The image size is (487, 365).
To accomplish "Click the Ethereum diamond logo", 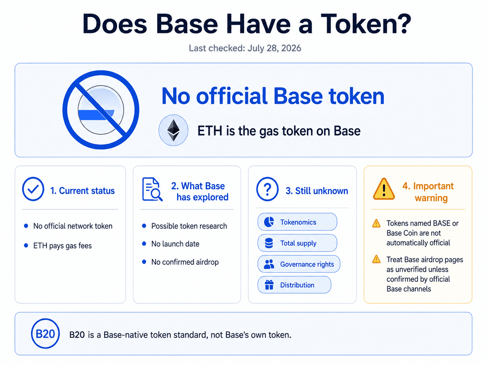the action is [173, 130].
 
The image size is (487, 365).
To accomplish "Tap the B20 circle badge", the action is [45, 333].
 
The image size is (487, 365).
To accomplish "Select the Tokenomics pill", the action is [297, 222].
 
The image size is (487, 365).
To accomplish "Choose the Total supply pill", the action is [297, 243].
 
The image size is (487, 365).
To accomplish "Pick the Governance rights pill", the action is [299, 264].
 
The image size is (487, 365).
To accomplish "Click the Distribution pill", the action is [294, 285].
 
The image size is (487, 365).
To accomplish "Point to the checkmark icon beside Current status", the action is [33, 189].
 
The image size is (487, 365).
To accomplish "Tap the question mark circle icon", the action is [267, 189].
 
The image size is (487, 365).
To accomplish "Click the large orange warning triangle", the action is [384, 189].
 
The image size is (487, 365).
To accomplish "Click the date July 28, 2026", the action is [274, 48].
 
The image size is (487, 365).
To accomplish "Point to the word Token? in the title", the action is [366, 24].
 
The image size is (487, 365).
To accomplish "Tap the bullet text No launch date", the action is [175, 244].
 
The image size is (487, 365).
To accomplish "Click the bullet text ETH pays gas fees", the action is [62, 246].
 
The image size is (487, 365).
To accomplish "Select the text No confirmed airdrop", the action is [185, 262].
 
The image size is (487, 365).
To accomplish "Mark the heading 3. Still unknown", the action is [316, 191].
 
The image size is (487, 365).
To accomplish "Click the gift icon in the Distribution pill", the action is [269, 285].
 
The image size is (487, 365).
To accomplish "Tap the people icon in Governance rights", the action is [269, 264].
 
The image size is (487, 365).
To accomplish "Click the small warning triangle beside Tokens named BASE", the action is [376, 223].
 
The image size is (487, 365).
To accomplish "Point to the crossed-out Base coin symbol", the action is [101, 110].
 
